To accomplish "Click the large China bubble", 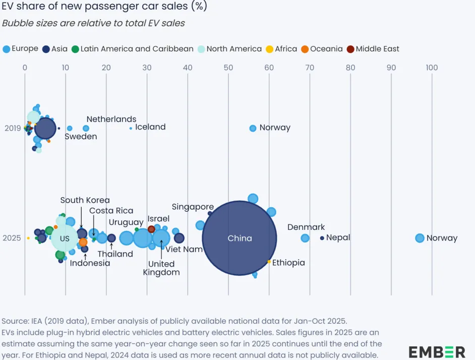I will click(240, 238).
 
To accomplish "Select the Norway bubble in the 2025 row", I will click(420, 238).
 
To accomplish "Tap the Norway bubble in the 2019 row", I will click(253, 128).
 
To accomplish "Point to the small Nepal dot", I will click(322, 238).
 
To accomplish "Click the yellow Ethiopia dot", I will click(269, 262).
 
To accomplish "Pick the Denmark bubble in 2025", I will click(305, 238).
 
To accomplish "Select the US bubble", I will click(65, 238).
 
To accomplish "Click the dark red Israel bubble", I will click(151, 229).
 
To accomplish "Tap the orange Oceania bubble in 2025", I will click(83, 242).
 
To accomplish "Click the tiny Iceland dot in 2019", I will click(131, 128).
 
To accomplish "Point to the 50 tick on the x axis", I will click(228, 68).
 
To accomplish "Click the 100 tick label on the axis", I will click(432, 68).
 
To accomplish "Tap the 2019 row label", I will click(13, 128).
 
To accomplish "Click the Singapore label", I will click(193, 207).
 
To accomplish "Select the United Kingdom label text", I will click(161, 268).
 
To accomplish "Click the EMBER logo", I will click(437, 351).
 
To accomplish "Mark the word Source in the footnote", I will click(15, 321).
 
